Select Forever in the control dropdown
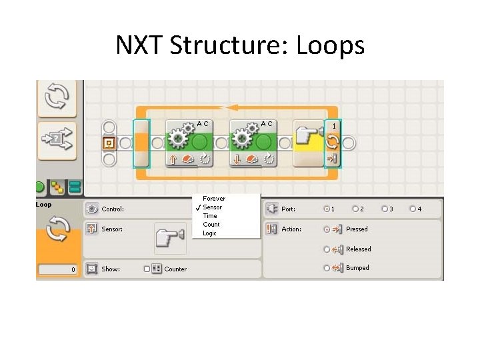tap(214, 199)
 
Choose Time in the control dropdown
tap(210, 216)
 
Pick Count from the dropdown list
tap(211, 225)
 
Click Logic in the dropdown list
tap(210, 233)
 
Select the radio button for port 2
tap(355, 209)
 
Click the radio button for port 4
tap(413, 209)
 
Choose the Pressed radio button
tap(327, 229)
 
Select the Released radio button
tap(327, 249)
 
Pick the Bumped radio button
tap(327, 268)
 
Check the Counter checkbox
tap(147, 269)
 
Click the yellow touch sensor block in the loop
tap(307, 142)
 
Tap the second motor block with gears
tap(253, 142)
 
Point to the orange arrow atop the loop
tap(233, 107)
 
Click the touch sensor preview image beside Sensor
tap(170, 238)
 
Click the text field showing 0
tap(58, 270)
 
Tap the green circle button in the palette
tap(40, 187)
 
